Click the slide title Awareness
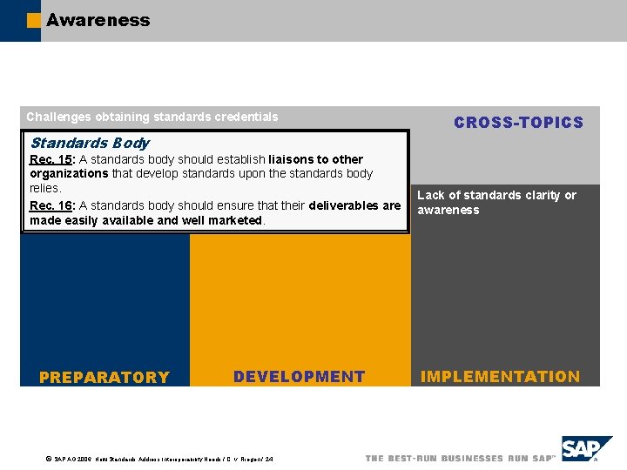[x=98, y=20]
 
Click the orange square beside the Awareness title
[x=34, y=21]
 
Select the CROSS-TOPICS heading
[x=518, y=123]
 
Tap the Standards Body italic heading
[x=90, y=143]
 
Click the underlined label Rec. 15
[x=51, y=159]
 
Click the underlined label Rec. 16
[x=51, y=206]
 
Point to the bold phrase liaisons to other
[x=316, y=159]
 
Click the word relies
[x=44, y=188]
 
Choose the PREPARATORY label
[x=104, y=377]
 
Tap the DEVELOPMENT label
[x=299, y=377]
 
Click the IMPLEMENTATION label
[x=500, y=377]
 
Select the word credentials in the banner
[x=248, y=117]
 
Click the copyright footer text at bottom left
[x=162, y=459]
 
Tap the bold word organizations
[x=69, y=173]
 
